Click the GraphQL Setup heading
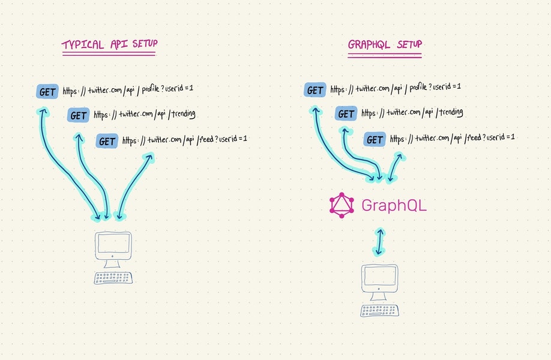[x=384, y=46]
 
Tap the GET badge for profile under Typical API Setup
[x=47, y=92]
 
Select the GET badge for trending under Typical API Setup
[x=78, y=115]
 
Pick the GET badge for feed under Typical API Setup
[x=107, y=142]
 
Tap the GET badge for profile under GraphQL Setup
[x=315, y=91]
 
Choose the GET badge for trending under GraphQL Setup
[x=346, y=114]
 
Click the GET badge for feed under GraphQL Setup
[x=375, y=140]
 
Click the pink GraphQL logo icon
[x=342, y=205]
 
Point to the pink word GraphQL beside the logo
[x=394, y=205]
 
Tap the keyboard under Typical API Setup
[x=113, y=278]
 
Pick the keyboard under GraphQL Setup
[x=379, y=310]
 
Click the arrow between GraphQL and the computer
[x=379, y=242]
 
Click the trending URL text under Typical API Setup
[x=145, y=115]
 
